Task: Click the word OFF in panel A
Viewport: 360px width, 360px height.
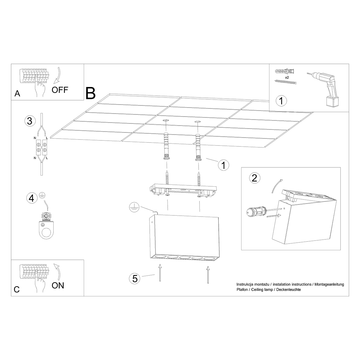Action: pyautogui.click(x=60, y=89)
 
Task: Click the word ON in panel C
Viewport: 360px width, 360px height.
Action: pyautogui.click(x=58, y=285)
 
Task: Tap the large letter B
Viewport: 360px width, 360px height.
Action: pyautogui.click(x=90, y=93)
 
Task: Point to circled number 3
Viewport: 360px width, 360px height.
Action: pyautogui.click(x=29, y=121)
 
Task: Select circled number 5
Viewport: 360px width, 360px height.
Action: pyautogui.click(x=135, y=278)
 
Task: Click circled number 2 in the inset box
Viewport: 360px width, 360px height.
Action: pyautogui.click(x=255, y=178)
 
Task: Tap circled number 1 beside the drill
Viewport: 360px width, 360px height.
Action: pyautogui.click(x=281, y=100)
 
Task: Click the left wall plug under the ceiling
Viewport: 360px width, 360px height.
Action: pyautogui.click(x=166, y=147)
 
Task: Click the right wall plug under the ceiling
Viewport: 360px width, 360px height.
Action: pyautogui.click(x=198, y=148)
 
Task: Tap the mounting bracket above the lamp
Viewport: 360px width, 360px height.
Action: pyautogui.click(x=184, y=190)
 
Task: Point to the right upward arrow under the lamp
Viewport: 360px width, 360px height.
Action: pyautogui.click(x=207, y=274)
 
